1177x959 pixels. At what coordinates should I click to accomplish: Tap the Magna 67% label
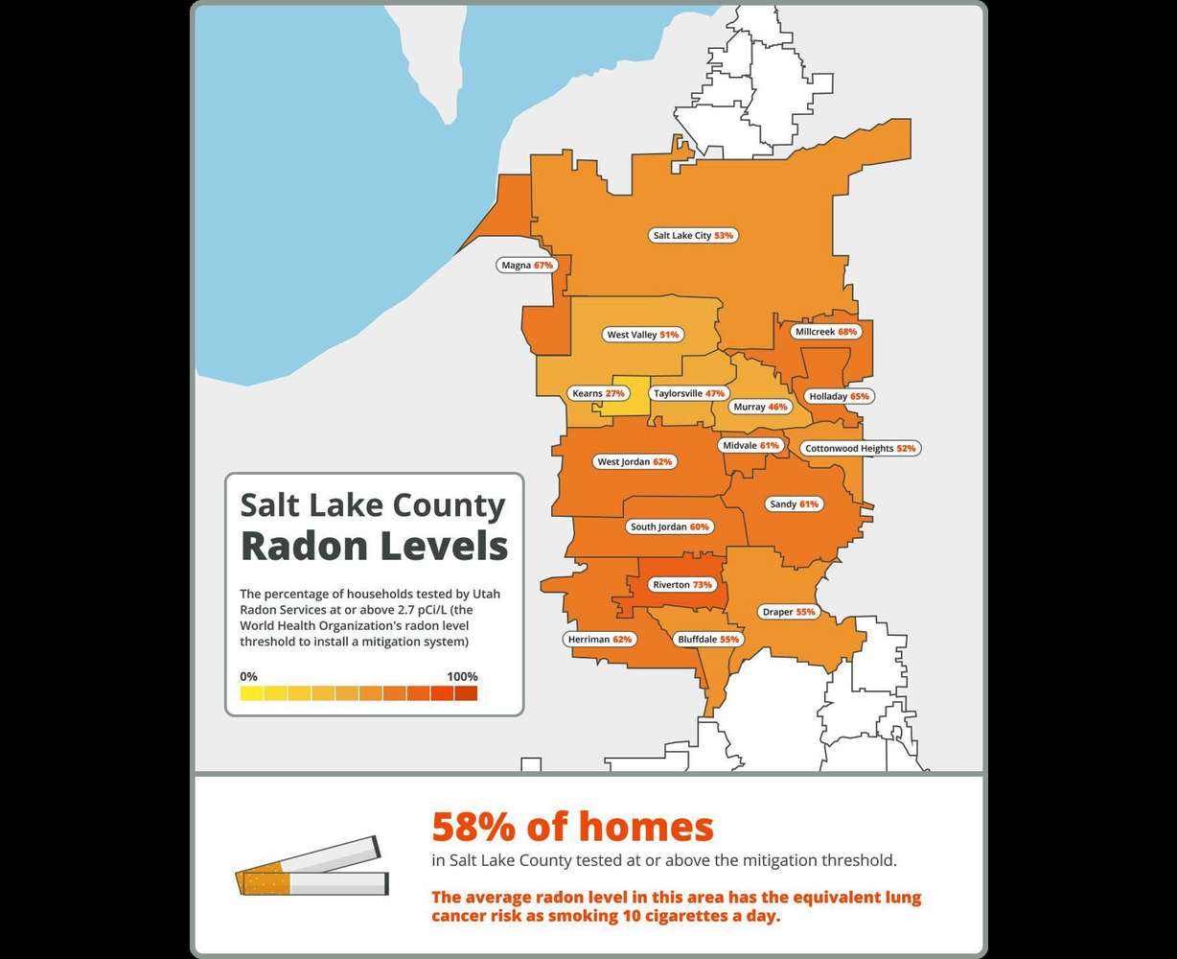point(527,265)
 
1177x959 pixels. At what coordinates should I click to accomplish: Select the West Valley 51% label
point(642,335)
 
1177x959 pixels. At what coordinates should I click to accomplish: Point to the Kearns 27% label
point(598,393)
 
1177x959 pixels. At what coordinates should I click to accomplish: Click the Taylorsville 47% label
point(688,393)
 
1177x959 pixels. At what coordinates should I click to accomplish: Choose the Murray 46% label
point(759,407)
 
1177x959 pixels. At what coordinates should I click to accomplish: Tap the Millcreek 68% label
point(826,332)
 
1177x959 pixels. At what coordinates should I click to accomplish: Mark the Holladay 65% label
point(839,396)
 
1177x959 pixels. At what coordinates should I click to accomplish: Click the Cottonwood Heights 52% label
point(861,448)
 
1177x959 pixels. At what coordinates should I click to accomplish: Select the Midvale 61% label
point(750,446)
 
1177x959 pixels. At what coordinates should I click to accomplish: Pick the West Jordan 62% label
point(635,461)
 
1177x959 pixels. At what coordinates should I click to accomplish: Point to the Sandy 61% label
point(794,503)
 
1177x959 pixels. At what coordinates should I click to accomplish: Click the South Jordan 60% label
point(669,526)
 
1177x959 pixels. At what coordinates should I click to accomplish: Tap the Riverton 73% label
point(681,584)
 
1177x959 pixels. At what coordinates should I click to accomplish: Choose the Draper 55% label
point(788,611)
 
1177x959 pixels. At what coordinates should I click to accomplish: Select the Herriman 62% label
point(598,639)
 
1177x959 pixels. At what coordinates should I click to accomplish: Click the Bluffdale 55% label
point(708,639)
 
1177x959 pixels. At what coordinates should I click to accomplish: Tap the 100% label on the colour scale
point(461,676)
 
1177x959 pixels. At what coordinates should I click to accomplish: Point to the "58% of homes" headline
point(572,826)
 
